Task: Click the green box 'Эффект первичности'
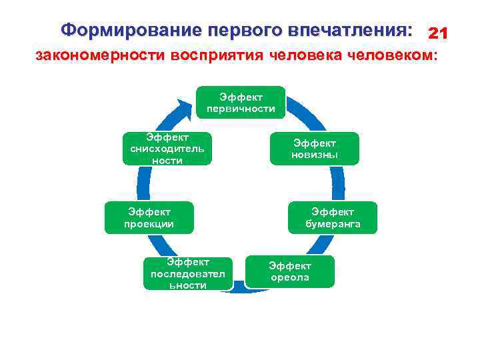click(x=241, y=102)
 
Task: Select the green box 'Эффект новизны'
click(x=314, y=149)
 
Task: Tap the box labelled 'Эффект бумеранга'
click(x=333, y=217)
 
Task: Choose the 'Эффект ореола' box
click(x=289, y=271)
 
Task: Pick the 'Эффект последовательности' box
click(x=187, y=273)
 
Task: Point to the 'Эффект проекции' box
click(x=149, y=217)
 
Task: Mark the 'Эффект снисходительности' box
click(x=168, y=149)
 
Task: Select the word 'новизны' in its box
click(x=314, y=155)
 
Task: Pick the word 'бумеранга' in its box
click(x=333, y=224)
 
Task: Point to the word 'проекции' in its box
click(x=149, y=224)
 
